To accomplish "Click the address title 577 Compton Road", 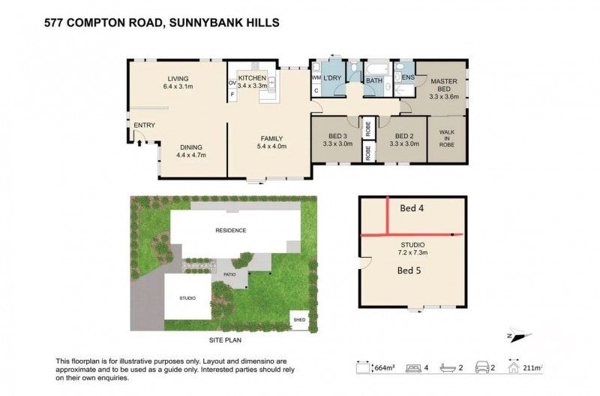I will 161,23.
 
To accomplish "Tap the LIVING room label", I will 178,78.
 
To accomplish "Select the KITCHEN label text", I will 252,78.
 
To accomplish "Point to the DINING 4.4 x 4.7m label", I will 190,150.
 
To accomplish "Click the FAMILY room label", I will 271,138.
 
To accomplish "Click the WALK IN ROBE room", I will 446,138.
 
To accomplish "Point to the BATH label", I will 373,78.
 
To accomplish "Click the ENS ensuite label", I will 409,77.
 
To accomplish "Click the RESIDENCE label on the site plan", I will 231,231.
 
